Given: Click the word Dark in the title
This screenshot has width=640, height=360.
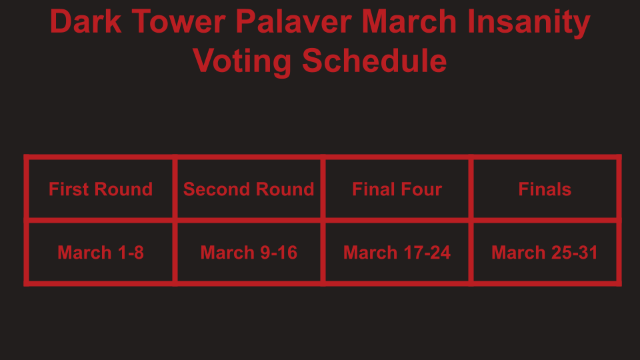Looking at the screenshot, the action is coord(86,21).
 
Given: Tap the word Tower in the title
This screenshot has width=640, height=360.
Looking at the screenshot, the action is coord(179,21).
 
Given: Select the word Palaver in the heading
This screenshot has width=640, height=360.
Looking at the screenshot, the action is coord(293,21).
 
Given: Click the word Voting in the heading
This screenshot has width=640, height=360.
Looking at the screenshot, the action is coord(242,61).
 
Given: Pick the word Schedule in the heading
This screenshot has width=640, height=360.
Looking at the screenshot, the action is coord(374,61).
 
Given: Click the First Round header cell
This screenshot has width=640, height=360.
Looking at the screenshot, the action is coord(101,189).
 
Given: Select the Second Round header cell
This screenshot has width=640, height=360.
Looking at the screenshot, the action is coord(249,189).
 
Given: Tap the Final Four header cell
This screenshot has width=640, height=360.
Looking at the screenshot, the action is coord(397,189).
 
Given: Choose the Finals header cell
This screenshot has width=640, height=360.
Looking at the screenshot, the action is coord(545,189).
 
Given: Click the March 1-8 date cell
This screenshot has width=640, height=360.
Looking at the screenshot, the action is coord(101,252).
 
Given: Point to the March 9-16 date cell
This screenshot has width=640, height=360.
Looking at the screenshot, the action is coord(249,252).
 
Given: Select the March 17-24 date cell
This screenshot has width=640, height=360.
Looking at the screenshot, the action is coord(397,252).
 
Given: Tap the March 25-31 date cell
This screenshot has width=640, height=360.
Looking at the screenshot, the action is coord(545,252).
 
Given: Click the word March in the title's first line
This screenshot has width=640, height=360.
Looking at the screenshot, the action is coord(409,21).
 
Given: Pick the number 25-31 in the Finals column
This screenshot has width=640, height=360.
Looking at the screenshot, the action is coord(574,253).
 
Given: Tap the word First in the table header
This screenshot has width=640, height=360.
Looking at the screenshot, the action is coord(69,189).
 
